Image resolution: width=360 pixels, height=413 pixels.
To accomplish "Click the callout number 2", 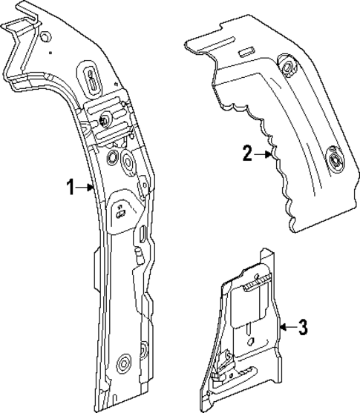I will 247,154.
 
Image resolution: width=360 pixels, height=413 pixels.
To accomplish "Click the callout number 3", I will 302,326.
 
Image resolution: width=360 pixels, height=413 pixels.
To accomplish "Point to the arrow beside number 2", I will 264,154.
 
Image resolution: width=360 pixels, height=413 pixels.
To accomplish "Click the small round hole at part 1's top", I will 46,37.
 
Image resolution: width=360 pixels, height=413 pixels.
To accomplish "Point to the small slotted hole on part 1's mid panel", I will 120,212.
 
